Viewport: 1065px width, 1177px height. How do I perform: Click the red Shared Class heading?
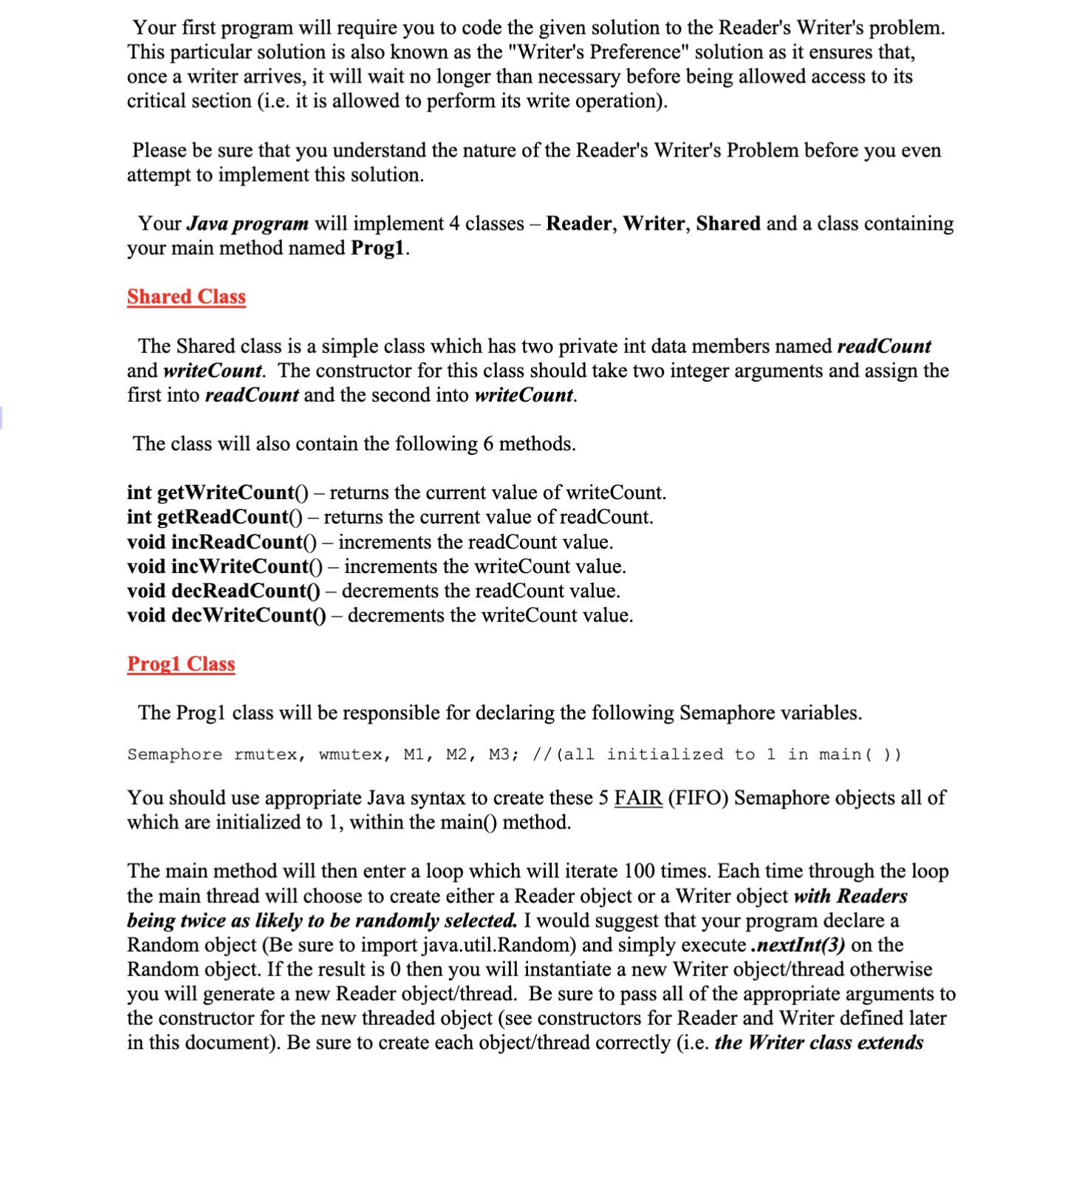click(186, 297)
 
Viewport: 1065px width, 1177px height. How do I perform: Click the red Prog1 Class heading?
click(181, 664)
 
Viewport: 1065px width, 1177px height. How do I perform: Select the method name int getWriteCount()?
click(217, 493)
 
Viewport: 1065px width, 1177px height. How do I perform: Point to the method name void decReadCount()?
click(223, 591)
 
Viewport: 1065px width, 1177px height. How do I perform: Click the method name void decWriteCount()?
click(226, 615)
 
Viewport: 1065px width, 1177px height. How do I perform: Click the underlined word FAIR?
click(638, 798)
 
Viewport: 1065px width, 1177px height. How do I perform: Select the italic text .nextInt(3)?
click(798, 945)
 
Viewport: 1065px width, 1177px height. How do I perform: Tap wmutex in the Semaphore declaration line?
click(351, 755)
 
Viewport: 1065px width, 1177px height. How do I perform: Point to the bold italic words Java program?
click(247, 224)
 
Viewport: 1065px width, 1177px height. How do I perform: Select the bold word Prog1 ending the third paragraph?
click(377, 248)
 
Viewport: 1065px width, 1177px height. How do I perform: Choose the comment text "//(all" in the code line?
click(564, 755)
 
